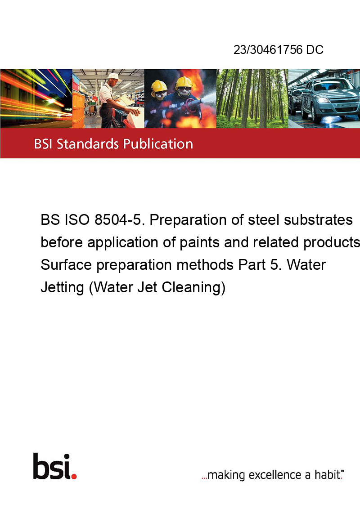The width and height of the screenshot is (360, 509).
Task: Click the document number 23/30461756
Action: click(x=268, y=49)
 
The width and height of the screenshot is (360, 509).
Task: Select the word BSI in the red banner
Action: click(x=43, y=144)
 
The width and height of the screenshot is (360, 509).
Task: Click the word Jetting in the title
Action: click(x=62, y=288)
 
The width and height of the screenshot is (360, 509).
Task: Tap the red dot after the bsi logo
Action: click(x=74, y=476)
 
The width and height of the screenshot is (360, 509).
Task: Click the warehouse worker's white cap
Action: click(x=114, y=76)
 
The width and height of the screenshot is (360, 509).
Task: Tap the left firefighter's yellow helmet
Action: click(x=159, y=86)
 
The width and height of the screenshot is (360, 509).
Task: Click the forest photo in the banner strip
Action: click(x=252, y=98)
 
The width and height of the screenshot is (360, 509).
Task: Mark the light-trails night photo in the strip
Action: click(x=36, y=98)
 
